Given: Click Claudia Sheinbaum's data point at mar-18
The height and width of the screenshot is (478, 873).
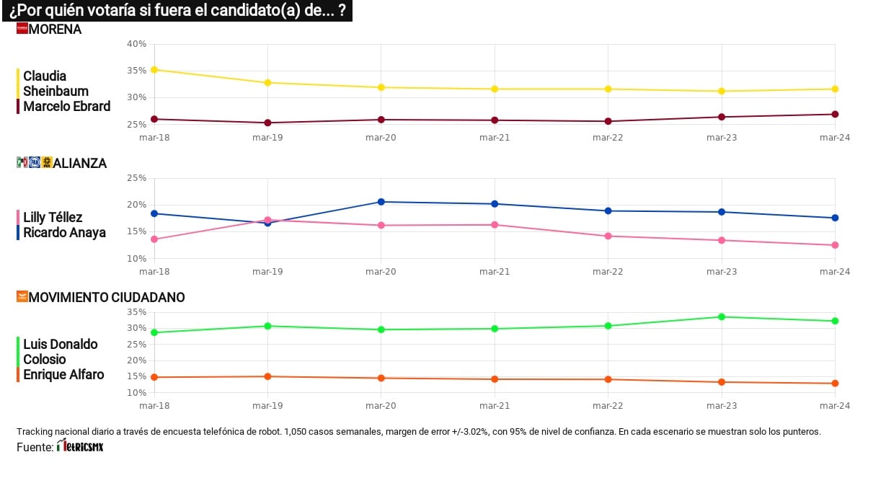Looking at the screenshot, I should pyautogui.click(x=154, y=70).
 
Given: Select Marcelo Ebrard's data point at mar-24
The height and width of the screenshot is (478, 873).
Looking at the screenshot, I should pyautogui.click(x=835, y=114).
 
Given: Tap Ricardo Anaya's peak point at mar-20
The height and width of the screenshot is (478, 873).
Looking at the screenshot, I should pyautogui.click(x=381, y=202).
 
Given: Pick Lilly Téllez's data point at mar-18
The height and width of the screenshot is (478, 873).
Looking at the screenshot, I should pyautogui.click(x=154, y=239).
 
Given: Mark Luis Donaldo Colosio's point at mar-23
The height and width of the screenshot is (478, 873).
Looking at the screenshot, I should pyautogui.click(x=722, y=317).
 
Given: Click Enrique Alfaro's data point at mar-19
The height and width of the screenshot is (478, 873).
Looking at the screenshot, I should pyautogui.click(x=268, y=376).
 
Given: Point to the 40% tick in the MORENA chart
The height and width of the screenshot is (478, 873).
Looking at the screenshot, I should pyautogui.click(x=136, y=44).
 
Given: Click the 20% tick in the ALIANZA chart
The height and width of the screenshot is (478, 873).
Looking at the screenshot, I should pyautogui.click(x=136, y=205).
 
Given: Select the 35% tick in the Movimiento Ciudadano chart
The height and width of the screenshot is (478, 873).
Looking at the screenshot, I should pyautogui.click(x=136, y=312).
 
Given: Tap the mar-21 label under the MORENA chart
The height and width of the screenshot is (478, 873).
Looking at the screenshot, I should pyautogui.click(x=495, y=138).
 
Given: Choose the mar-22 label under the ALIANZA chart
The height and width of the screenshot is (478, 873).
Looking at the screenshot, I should pyautogui.click(x=608, y=272).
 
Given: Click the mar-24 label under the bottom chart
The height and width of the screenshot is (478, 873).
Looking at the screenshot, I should pyautogui.click(x=835, y=406).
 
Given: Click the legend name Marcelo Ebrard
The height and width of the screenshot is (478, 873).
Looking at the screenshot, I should pyautogui.click(x=67, y=106).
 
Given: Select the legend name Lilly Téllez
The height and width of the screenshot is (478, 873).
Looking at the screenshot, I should pyautogui.click(x=53, y=217).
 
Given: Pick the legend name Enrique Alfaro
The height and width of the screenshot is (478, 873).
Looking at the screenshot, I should pyautogui.click(x=63, y=374).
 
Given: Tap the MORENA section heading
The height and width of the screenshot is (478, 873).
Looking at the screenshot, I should pyautogui.click(x=56, y=30).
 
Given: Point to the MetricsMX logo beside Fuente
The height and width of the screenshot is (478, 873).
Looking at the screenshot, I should pyautogui.click(x=80, y=447).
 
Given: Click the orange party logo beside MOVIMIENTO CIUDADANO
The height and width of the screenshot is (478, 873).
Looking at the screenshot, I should pyautogui.click(x=22, y=296).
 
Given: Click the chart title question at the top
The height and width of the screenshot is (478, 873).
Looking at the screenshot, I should pyautogui.click(x=177, y=10).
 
